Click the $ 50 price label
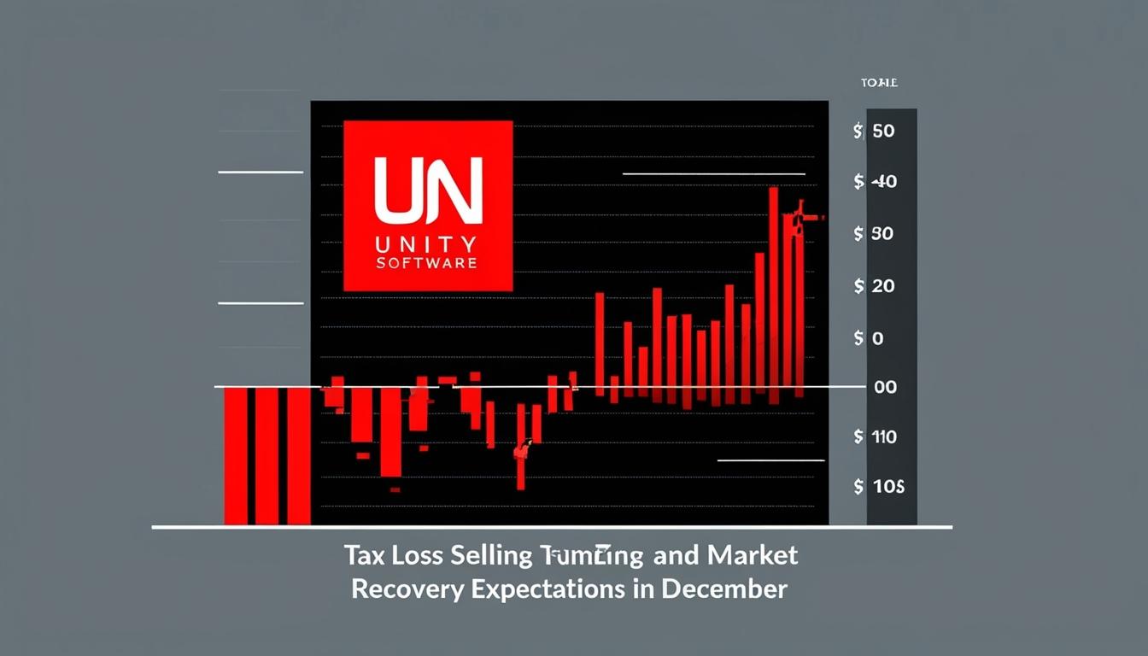pos(874,132)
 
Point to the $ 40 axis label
pos(875,182)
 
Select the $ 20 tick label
pos(874,286)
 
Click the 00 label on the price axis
pos(885,387)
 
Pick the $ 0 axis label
pos(868,338)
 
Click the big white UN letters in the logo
pos(428,189)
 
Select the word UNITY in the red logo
pos(427,243)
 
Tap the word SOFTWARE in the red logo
pos(427,263)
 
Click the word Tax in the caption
pos(364,556)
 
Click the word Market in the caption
pos(753,556)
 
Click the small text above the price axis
pos(880,83)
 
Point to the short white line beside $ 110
pos(770,460)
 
